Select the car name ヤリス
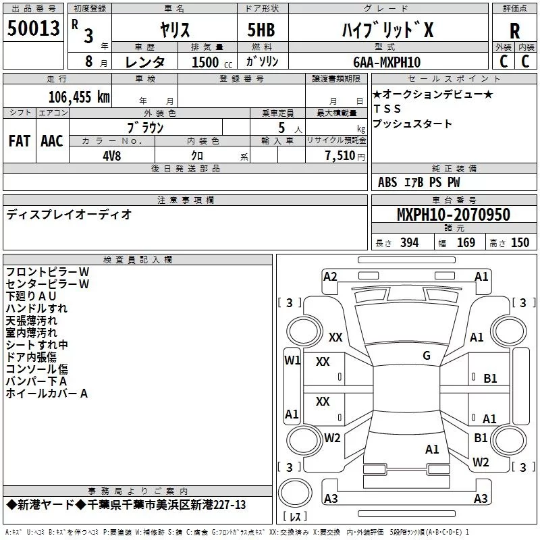pyautogui.click(x=173, y=30)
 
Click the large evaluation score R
pyautogui.click(x=514, y=30)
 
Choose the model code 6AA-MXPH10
pyautogui.click(x=387, y=61)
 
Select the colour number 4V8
pyautogui.click(x=111, y=155)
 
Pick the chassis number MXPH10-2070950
pyautogui.click(x=454, y=215)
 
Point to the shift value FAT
pyautogui.click(x=20, y=140)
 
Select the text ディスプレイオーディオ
pyautogui.click(x=70, y=215)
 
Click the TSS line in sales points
pyautogui.click(x=387, y=109)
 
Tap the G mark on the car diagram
pyautogui.click(x=427, y=356)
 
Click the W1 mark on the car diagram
pyautogui.click(x=292, y=360)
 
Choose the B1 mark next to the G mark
pyautogui.click(x=490, y=379)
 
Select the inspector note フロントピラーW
pyautogui.click(x=47, y=271)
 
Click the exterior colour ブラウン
pyautogui.click(x=146, y=127)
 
